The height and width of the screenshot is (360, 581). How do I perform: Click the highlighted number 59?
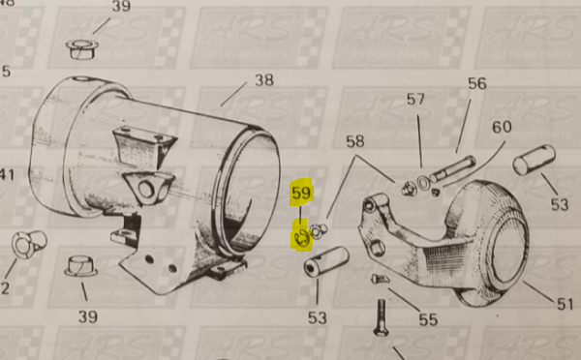point(300,194)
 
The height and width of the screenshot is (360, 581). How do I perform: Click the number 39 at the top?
point(120,8)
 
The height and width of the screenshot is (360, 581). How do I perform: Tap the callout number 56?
point(476,83)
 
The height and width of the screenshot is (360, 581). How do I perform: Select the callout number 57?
point(415,99)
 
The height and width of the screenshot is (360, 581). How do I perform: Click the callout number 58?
point(354,141)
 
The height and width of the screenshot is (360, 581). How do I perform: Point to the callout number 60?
point(502,127)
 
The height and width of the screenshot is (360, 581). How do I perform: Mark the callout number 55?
point(426,317)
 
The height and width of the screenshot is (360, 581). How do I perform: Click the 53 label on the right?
point(559,204)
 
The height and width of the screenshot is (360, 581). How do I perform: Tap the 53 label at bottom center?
point(318,317)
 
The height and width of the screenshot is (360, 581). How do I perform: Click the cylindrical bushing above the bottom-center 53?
point(325,262)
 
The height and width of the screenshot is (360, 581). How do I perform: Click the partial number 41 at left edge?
point(7,174)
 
